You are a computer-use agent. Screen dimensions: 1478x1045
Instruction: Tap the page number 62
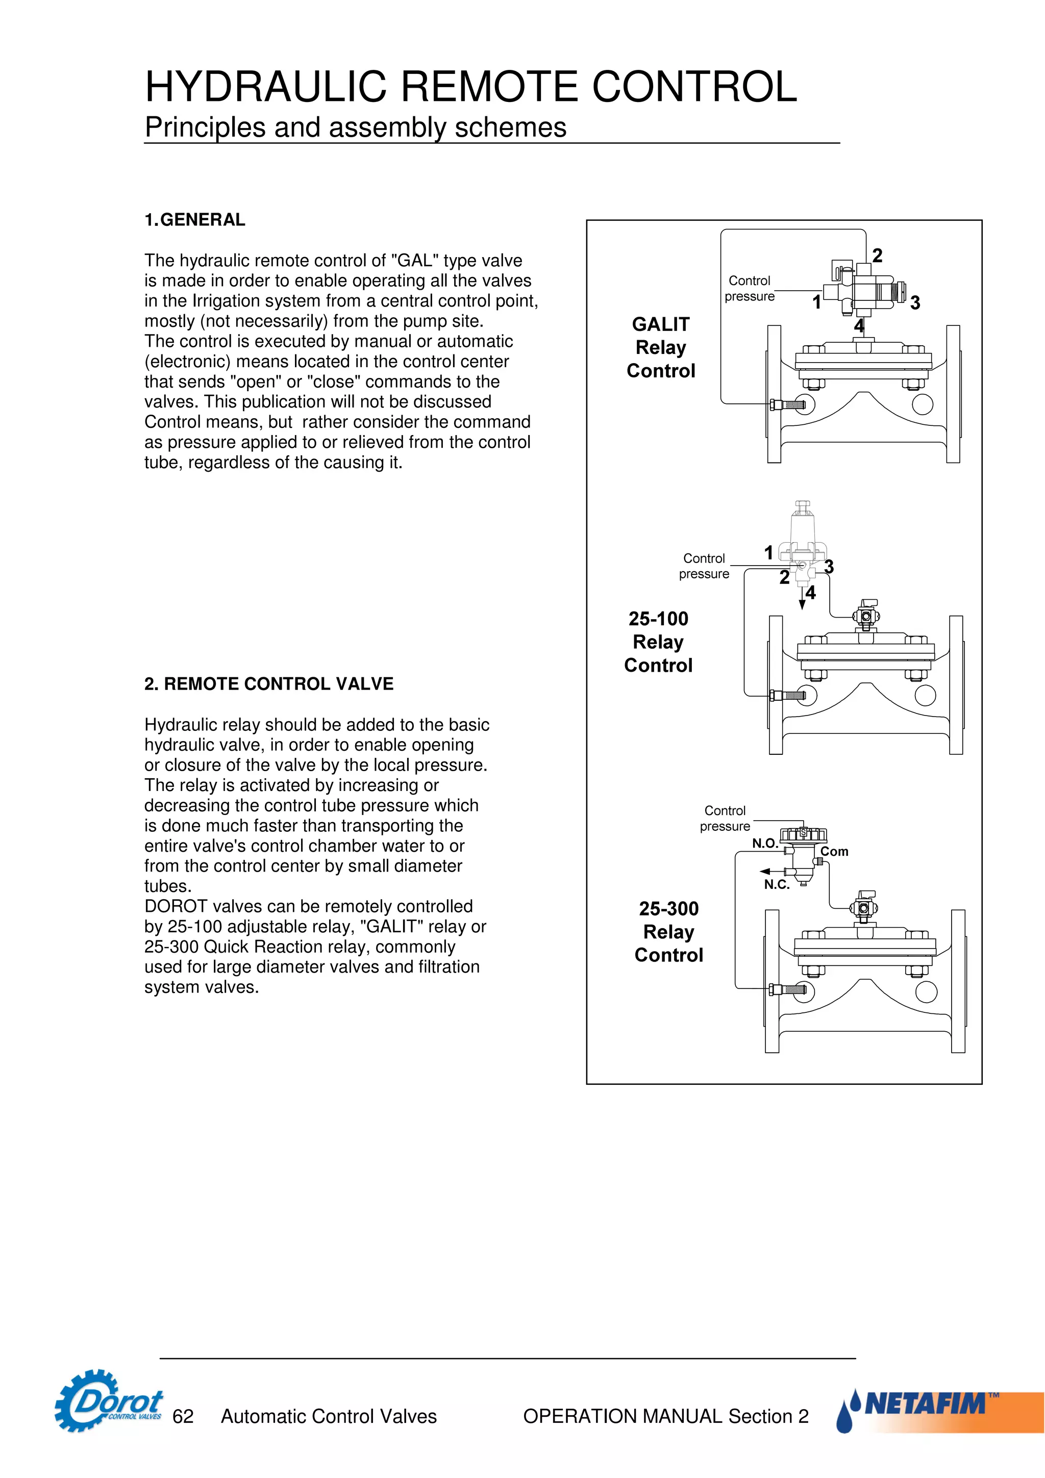(183, 1416)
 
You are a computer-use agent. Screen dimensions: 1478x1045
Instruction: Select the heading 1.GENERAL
(194, 220)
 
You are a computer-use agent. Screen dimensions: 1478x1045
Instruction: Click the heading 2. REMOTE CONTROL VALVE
(268, 683)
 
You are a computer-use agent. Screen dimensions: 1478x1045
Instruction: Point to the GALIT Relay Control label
(661, 348)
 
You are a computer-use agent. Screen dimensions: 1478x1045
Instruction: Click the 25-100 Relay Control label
(658, 642)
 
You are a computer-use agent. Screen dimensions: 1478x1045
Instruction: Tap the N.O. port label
(764, 843)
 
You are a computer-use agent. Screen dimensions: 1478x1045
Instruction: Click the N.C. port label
(777, 884)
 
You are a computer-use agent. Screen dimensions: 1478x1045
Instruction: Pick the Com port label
(834, 852)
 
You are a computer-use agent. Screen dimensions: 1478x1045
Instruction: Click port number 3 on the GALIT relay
(915, 302)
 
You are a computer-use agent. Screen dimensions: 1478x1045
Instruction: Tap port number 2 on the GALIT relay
(877, 256)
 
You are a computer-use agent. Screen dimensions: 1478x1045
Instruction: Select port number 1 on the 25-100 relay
(768, 552)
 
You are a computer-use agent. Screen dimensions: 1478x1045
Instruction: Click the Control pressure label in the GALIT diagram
(750, 288)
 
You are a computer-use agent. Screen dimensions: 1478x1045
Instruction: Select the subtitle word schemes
(511, 128)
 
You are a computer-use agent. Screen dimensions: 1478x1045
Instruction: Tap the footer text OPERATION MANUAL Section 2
(665, 1416)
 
